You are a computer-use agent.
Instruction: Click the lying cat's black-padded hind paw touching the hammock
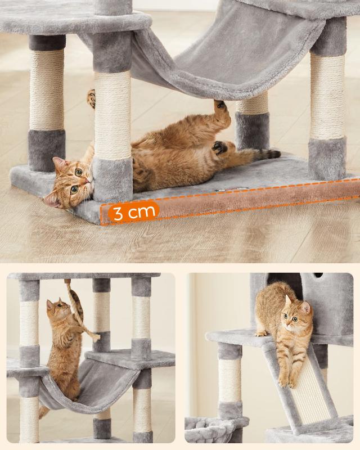click(220, 105)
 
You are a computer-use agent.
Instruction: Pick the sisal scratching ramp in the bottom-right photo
click(307, 388)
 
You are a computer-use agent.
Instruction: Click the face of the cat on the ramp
click(294, 319)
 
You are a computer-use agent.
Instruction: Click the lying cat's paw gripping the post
click(91, 100)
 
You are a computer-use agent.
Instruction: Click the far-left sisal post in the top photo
click(47, 90)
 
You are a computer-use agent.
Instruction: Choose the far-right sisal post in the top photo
click(327, 96)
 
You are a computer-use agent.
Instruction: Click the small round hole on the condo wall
click(318, 275)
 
